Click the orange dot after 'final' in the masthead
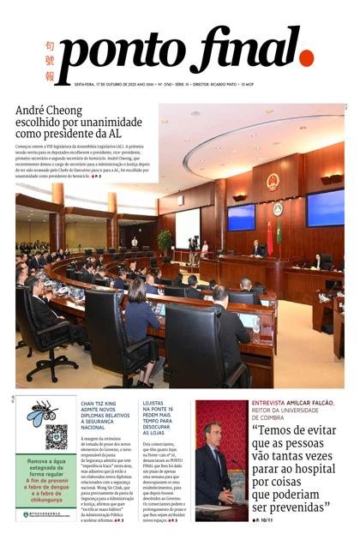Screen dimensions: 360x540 point(306,58)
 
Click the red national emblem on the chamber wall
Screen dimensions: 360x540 point(273,182)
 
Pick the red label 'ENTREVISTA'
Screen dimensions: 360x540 point(270,403)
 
